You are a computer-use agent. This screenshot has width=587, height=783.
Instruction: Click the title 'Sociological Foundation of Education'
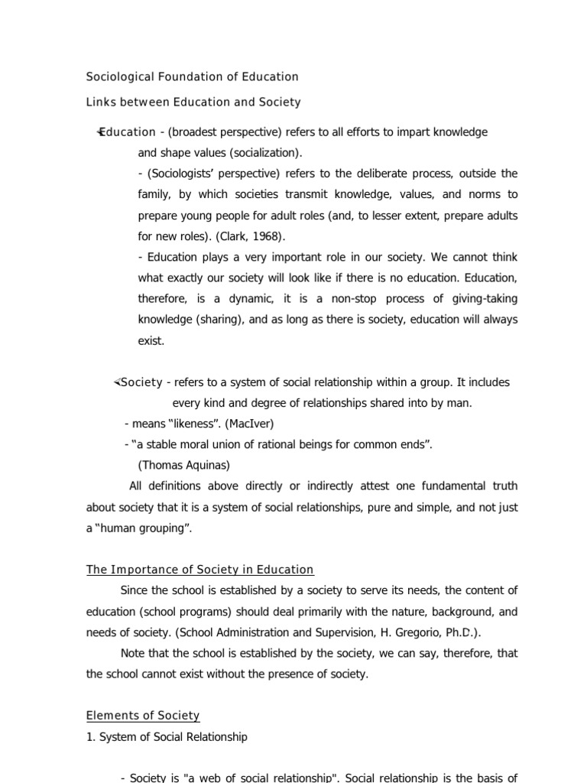point(192,76)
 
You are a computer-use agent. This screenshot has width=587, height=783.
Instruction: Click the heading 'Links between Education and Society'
point(193,102)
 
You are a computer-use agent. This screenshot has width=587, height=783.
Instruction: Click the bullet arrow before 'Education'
point(99,132)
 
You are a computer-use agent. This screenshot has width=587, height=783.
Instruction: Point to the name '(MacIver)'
point(249,424)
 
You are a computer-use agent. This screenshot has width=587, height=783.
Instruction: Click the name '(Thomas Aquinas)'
point(183,465)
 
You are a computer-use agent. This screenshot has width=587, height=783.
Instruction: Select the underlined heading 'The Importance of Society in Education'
point(199,570)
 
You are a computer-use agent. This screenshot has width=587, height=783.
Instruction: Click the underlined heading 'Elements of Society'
point(143,716)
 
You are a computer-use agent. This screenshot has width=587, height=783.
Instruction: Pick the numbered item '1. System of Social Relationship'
point(167,737)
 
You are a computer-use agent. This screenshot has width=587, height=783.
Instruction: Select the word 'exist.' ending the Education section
point(151,341)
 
